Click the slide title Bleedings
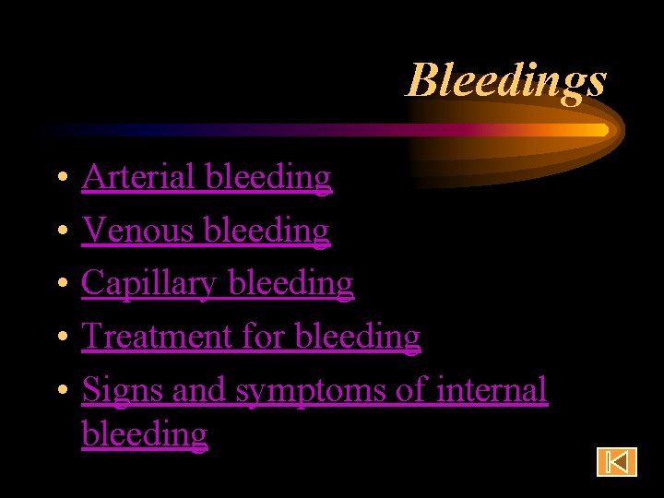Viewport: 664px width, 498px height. pos(506,80)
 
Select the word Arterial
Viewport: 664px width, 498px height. pos(139,176)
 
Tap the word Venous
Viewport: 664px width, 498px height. pos(137,230)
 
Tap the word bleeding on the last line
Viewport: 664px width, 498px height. pos(144,434)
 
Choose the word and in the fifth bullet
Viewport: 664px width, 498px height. pos(198,391)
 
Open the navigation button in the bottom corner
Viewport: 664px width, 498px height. pos(616,461)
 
